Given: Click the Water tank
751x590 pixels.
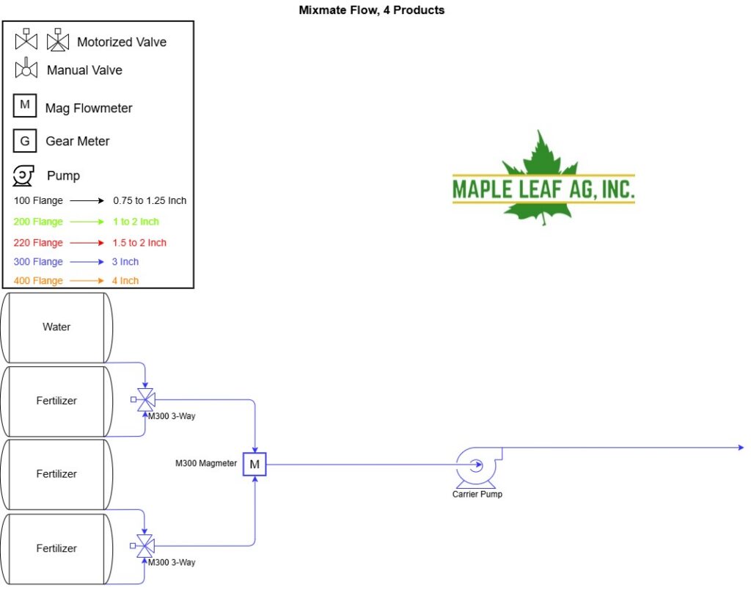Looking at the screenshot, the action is coord(56,327).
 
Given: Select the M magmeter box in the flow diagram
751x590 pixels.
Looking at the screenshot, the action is coord(254,464).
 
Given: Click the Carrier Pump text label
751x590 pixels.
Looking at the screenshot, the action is coord(477,494).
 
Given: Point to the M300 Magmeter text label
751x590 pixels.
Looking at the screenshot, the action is coord(206,464).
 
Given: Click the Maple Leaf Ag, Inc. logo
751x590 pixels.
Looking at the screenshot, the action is coord(543,178).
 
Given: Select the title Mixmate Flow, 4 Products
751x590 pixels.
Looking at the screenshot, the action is coord(372,10).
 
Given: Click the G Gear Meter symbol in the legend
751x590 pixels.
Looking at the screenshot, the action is coord(25,141).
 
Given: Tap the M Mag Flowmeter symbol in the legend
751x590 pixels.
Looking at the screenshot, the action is coord(25,106).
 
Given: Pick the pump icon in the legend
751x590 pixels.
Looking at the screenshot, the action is coord(23,175).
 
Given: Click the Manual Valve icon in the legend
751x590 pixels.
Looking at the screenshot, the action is coord(26,68).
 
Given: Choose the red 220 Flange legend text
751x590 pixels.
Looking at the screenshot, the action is coord(38,243).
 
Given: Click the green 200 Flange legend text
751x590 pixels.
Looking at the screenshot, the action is coord(38,222).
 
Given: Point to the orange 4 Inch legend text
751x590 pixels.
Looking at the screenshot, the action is coord(125,281).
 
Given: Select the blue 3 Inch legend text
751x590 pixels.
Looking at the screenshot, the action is coord(125,262).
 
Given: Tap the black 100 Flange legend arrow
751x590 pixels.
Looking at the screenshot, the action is coord(87,201).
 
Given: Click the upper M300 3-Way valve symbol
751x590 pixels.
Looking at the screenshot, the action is coord(143,400).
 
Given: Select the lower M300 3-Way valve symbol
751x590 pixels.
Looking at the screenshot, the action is coord(143,546).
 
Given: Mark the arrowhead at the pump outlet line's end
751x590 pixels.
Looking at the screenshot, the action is coord(741,448).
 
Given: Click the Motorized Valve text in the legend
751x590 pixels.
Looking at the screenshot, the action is coord(122,42).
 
